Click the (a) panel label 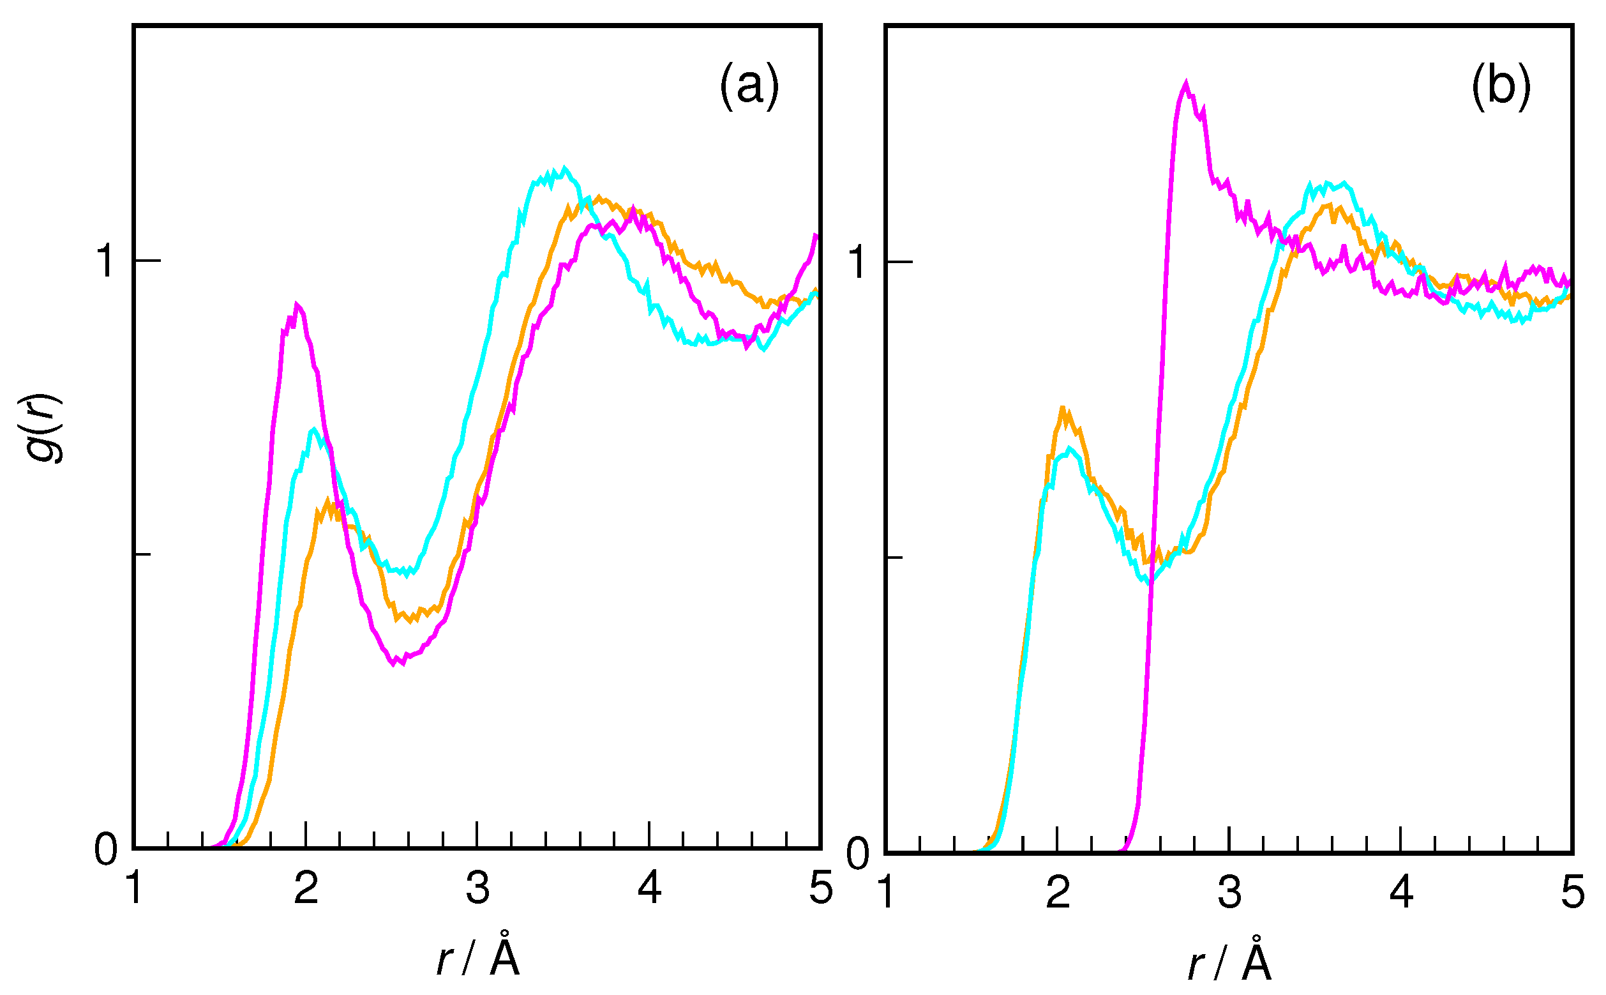749,86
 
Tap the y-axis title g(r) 45,429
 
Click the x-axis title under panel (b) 1230,962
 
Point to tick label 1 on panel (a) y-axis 105,261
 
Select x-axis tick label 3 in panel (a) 477,888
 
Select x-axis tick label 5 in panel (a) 821,888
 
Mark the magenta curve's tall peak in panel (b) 1186,85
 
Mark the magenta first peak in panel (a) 297,305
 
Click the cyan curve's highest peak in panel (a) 564,169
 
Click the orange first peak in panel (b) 1062,409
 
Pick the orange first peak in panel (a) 327,503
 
